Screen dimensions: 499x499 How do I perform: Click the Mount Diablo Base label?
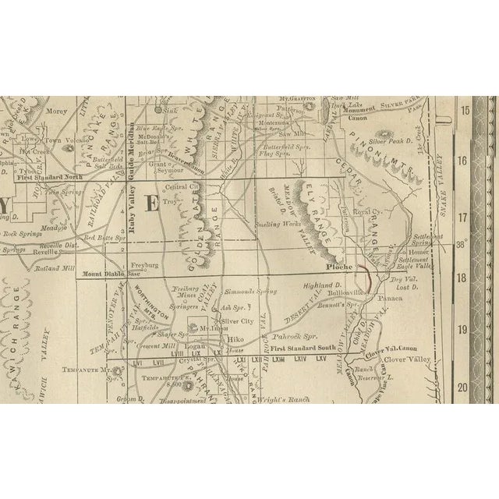click(x=115, y=274)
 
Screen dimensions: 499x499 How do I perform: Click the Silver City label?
click(x=237, y=320)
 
